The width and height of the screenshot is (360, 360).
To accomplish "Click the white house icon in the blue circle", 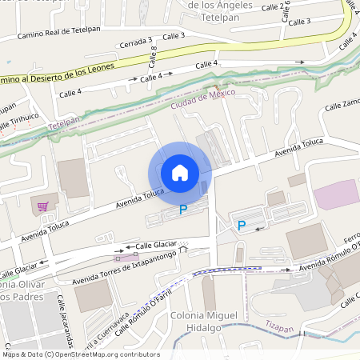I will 179,173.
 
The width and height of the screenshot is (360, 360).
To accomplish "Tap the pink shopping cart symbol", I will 42,206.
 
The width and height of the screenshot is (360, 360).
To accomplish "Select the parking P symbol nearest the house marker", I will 183,210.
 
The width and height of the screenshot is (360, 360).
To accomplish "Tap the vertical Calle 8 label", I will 153,56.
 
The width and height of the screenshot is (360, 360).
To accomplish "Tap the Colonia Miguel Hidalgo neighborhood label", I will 204,322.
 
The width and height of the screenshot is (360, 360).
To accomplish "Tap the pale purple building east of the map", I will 336,194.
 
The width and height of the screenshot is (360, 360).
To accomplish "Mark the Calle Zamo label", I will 342,106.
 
